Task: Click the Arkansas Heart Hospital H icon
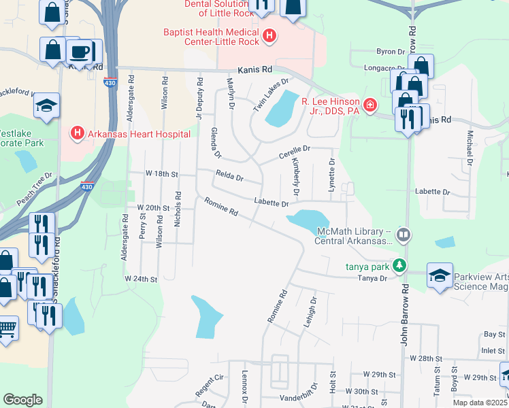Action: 78,134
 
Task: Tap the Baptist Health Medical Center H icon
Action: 269,35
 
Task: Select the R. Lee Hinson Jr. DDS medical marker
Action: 370,105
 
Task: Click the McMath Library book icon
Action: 404,235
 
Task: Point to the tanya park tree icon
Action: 402,266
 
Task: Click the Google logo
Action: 22,400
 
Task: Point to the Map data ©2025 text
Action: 480,403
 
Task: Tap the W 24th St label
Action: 141,279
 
